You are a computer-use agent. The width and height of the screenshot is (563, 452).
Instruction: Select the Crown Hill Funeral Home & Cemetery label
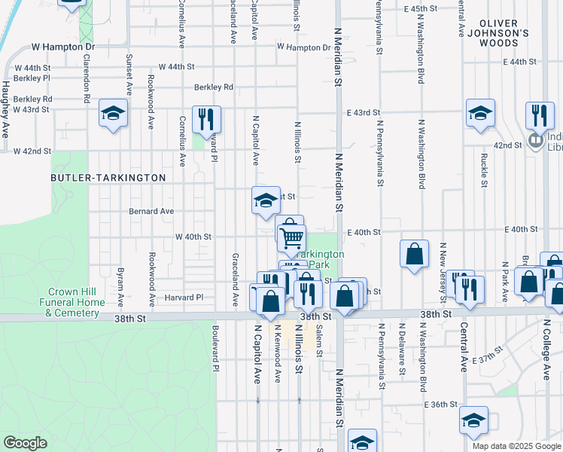[76, 302]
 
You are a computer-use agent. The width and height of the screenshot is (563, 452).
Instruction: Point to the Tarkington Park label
[319, 260]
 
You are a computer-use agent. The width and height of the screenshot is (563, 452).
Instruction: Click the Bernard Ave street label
[151, 212]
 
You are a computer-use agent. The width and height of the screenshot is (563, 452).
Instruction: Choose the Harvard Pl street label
[184, 298]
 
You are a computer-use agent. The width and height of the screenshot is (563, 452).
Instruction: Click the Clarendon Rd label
[87, 78]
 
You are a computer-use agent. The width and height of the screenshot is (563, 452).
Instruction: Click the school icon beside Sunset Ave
[114, 115]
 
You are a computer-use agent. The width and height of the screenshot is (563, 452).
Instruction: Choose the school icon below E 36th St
[473, 422]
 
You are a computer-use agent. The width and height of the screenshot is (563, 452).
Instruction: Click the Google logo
[26, 443]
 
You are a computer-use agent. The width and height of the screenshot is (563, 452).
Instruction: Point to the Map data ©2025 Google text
[516, 446]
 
